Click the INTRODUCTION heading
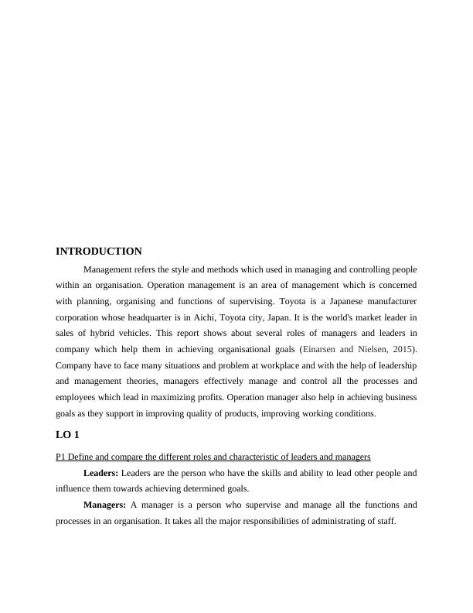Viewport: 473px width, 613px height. [99, 252]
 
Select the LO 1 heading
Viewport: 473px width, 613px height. [67, 436]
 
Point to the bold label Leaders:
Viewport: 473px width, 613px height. [100, 473]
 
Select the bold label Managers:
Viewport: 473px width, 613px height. [104, 505]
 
